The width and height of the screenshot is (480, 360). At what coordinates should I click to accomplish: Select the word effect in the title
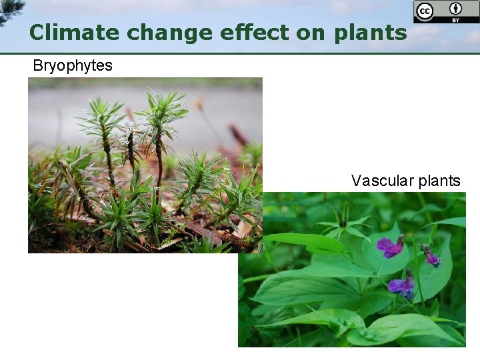tap(225, 32)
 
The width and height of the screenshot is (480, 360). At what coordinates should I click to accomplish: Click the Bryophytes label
tap(73, 66)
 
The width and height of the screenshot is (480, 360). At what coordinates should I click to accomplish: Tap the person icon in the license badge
tap(456, 9)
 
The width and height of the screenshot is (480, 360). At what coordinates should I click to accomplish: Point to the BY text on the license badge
tap(456, 19)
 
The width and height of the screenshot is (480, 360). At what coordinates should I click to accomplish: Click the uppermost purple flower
tap(390, 247)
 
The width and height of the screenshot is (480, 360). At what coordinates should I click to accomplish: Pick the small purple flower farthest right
tap(431, 257)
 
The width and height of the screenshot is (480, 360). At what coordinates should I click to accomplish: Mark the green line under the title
tap(240, 53)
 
